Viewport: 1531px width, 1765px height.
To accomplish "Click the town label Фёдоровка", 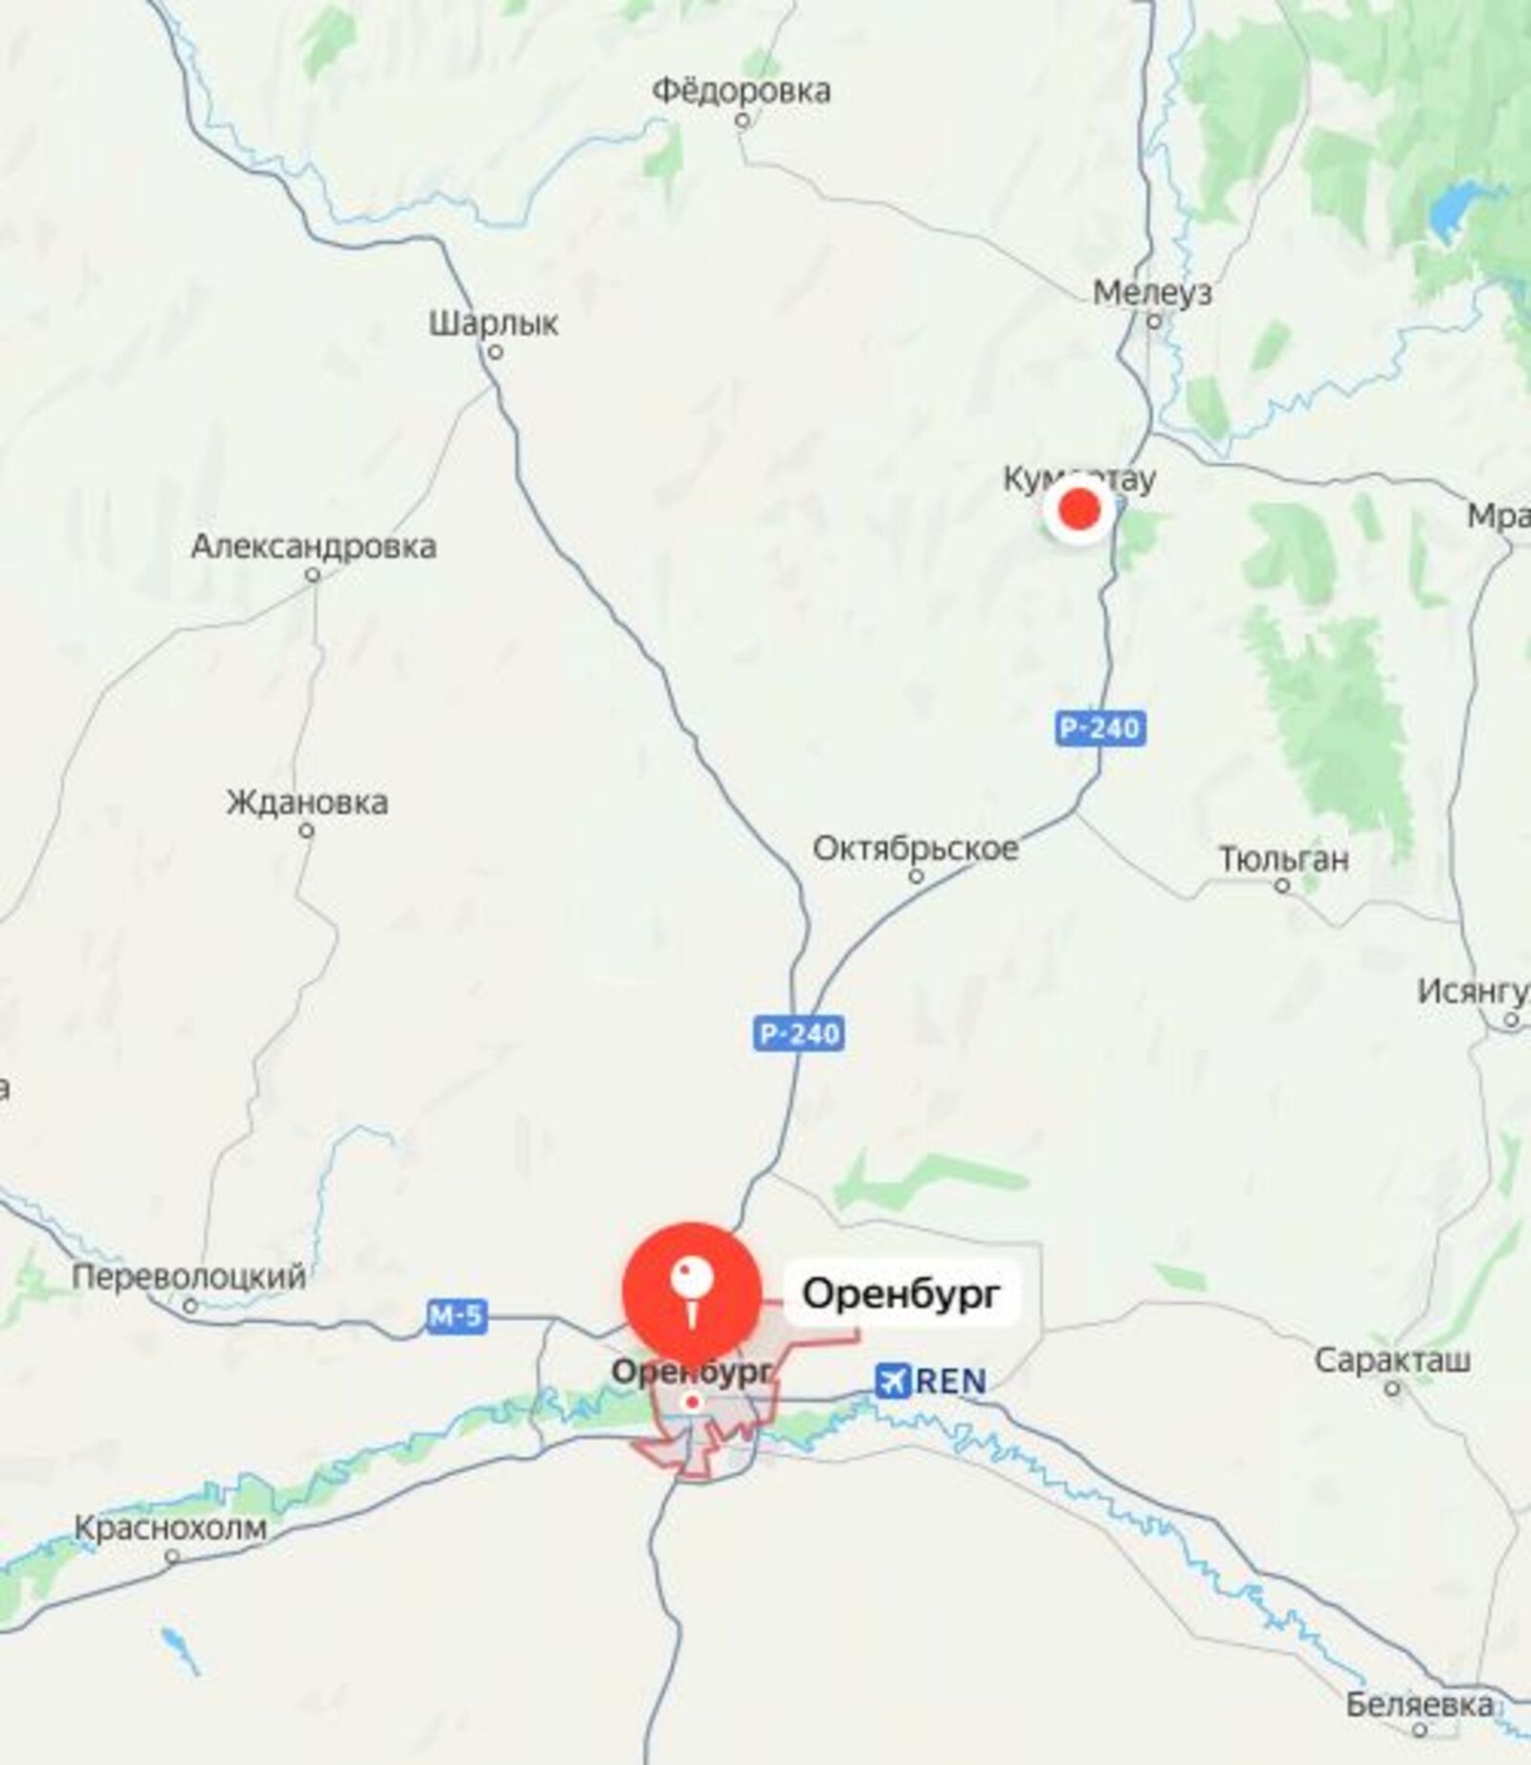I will click(741, 92).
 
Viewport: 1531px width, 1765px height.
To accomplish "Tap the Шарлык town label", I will click(493, 323).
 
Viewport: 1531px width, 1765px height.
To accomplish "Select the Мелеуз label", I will click(1152, 293).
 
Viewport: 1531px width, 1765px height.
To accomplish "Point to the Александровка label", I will click(314, 546).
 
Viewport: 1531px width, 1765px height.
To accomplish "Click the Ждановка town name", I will click(307, 802).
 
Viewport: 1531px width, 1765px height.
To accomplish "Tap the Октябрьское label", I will click(916, 848).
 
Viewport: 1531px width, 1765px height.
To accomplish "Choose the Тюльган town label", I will click(1283, 859).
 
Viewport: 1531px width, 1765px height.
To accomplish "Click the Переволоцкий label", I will click(189, 1276).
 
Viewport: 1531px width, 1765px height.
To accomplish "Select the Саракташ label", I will click(1392, 1359).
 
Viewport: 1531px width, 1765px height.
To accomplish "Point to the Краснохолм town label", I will click(170, 1528).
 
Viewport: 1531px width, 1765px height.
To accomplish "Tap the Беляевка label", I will click(1419, 1704).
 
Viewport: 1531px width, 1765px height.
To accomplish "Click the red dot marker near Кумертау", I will click(1079, 511).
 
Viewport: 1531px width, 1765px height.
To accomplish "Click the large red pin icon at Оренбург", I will click(692, 1291).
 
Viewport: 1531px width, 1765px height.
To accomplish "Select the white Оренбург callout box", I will click(901, 1294).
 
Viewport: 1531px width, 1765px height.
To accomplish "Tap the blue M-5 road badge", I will click(455, 1317).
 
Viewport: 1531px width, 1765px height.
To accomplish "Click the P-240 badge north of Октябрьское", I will click(1100, 729).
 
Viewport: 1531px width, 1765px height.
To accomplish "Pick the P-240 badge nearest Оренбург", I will click(799, 1034).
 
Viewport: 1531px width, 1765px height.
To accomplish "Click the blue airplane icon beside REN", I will click(892, 1380).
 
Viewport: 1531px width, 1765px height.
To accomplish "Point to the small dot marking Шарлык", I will click(496, 352).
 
